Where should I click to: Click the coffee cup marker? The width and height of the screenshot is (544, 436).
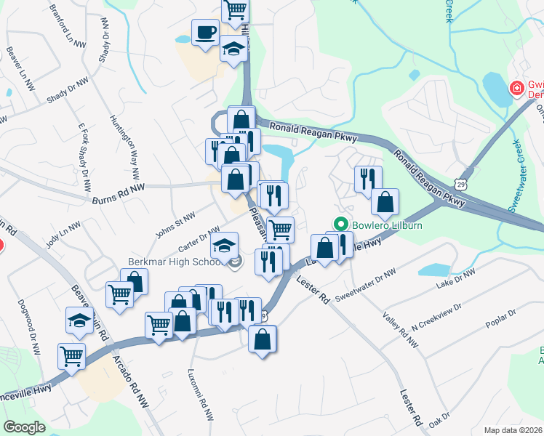204,32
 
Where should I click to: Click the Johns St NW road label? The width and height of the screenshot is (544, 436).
175,226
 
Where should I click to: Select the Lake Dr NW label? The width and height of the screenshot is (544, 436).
456,281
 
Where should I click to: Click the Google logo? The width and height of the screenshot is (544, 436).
24,427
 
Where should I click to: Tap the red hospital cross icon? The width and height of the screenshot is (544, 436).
516,89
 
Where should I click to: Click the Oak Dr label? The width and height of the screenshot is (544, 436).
440,421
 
